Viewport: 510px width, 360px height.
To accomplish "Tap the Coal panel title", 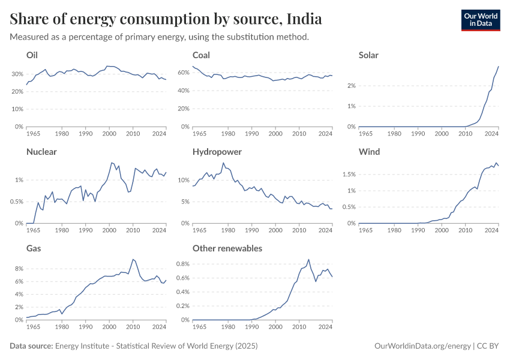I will click(x=201, y=55).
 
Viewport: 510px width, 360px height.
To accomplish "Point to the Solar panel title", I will click(x=368, y=55).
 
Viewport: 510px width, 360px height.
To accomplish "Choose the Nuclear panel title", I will click(x=41, y=152).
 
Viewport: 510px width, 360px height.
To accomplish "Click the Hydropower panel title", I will click(x=217, y=152).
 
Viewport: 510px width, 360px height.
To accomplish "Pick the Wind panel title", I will click(x=368, y=152).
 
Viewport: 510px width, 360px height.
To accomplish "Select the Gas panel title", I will click(x=34, y=248).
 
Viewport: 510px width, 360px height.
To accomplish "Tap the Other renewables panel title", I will click(x=227, y=248).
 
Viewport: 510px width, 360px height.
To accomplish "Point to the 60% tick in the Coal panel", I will click(x=182, y=74).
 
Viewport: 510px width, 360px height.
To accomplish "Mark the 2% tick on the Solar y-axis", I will click(x=350, y=86).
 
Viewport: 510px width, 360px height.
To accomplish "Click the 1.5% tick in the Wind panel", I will click(x=347, y=175).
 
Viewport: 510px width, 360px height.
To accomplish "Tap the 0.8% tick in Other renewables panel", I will click(x=180, y=263).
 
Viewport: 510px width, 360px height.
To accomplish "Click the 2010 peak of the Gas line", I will click(x=133, y=259).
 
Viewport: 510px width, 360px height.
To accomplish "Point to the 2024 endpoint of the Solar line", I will click(x=499, y=66).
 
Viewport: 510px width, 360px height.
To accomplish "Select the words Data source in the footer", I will click(x=31, y=346).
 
